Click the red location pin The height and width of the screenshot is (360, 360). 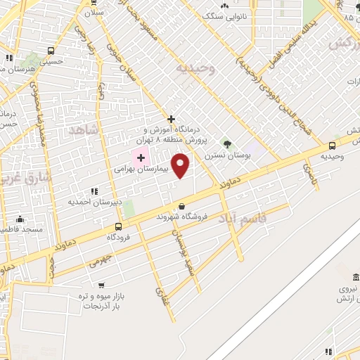[181, 165]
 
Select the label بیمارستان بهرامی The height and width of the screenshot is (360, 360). [141, 170]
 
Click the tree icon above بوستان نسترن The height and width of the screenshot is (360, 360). [226, 143]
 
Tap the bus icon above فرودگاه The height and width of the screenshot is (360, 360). [117, 226]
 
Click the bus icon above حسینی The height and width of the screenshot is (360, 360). [51, 51]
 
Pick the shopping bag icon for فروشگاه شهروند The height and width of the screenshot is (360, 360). [182, 207]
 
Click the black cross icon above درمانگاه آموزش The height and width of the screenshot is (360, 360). [171, 119]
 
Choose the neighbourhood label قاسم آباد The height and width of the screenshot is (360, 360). [243, 218]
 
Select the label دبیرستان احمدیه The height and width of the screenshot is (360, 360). [95, 202]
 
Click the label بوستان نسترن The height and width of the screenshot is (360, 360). [225, 155]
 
